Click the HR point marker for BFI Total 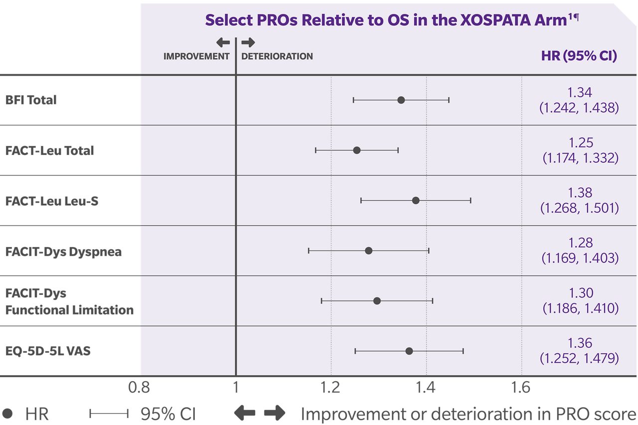(401, 100)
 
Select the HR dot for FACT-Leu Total (356, 150)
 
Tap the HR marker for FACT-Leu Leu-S (416, 200)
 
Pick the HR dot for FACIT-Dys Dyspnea (368, 251)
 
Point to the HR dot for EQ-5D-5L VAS (409, 351)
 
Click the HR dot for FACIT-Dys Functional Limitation (377, 301)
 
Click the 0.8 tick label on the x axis (139, 388)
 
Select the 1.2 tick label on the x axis (330, 388)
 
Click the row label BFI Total (31, 100)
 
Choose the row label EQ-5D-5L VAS (48, 351)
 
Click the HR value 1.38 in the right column (580, 193)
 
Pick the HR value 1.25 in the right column (580, 142)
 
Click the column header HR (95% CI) (579, 56)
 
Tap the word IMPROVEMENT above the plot (196, 56)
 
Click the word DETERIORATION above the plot (277, 56)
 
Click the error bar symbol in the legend (109, 414)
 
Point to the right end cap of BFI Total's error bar (449, 100)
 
